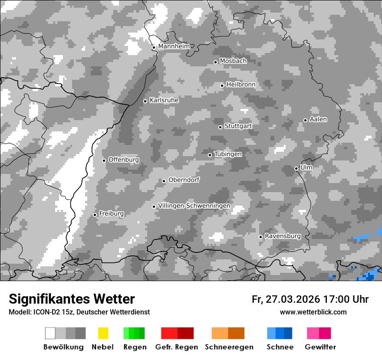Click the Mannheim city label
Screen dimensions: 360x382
(174, 46)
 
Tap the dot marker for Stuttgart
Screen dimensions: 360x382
(221, 127)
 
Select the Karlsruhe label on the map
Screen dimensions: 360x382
(164, 100)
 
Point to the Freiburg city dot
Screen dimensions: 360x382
(95, 215)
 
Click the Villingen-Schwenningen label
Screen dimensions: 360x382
(194, 206)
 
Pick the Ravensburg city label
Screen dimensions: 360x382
(283, 236)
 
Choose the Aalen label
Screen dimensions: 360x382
(318, 119)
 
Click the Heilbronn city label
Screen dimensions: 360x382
(241, 85)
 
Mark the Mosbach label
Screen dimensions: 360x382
(233, 61)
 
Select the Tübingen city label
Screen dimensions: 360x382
(228, 154)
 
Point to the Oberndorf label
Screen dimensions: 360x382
(184, 180)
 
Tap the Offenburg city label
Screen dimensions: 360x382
(124, 160)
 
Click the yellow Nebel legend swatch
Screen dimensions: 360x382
(103, 333)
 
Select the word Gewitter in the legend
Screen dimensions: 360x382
(320, 347)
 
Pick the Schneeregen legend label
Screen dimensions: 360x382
(229, 347)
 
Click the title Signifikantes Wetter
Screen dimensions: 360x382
(72, 299)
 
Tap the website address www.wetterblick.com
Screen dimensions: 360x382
(313, 312)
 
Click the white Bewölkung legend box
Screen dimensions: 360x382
(50, 333)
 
